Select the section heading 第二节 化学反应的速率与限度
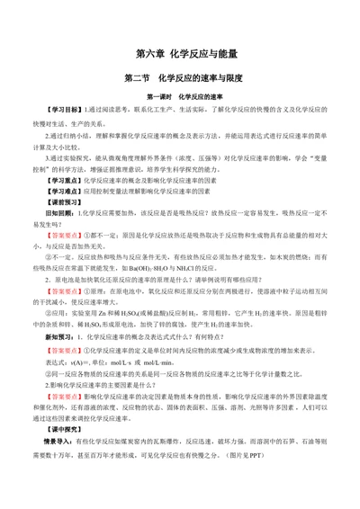click(180, 77)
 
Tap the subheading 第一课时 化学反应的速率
click(180, 96)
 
